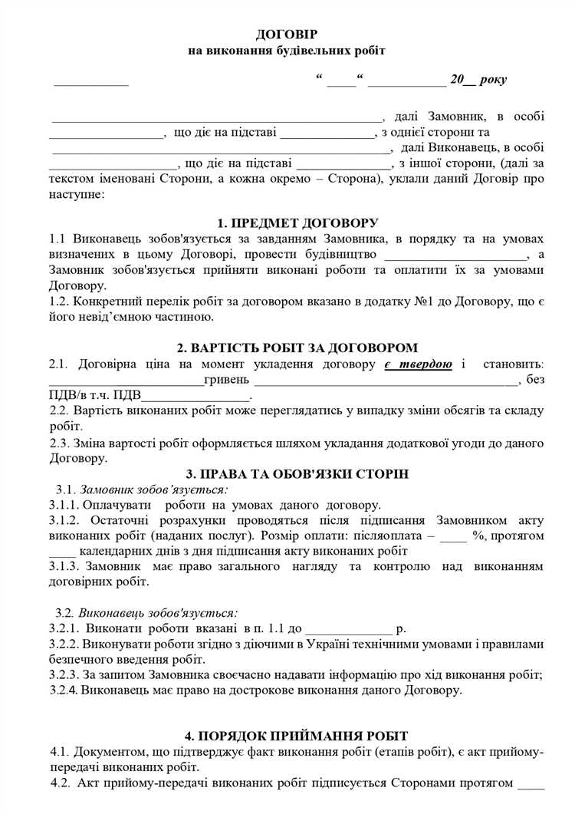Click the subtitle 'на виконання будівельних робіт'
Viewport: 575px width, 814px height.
click(x=287, y=51)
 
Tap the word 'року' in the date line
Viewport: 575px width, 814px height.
click(x=492, y=80)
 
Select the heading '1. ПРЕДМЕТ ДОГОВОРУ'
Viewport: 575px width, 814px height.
click(x=297, y=223)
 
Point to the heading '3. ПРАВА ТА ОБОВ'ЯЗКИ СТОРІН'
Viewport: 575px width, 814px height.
click(x=297, y=473)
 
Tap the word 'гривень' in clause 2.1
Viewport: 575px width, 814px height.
click(x=226, y=380)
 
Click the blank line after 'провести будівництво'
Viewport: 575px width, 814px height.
click(x=456, y=255)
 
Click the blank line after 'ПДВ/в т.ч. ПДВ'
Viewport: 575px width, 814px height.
click(x=196, y=396)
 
